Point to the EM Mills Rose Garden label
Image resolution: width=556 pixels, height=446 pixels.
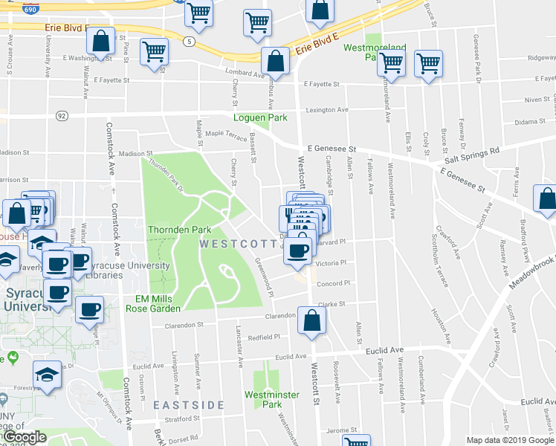coord(152,303)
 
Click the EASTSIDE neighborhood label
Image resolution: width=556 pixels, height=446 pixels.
coord(189,404)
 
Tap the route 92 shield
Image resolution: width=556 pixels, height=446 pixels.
coord(62,115)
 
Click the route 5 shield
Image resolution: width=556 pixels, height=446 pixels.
coord(191,42)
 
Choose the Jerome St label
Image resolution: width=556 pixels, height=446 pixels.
coord(342,430)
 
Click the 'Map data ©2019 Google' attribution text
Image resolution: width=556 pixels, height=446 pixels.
coord(510,440)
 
